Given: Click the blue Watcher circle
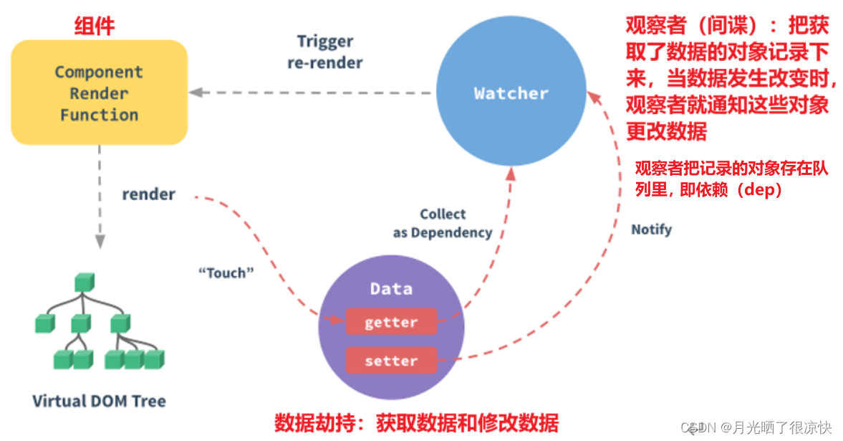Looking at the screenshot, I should [511, 93].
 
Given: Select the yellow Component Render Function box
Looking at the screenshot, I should [99, 93].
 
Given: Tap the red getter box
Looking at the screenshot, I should [391, 323].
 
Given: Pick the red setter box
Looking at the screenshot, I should [391, 361].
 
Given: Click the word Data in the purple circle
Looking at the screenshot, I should [391, 289].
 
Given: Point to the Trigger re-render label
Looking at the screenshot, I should [325, 52].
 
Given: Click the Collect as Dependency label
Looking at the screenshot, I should [443, 223].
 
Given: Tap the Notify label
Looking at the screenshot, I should [651, 229].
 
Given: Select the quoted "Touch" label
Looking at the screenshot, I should [226, 272].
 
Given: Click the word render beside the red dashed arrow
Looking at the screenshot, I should [148, 194].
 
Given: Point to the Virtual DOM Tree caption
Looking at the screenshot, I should [99, 401].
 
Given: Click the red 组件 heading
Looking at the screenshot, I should [95, 27].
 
